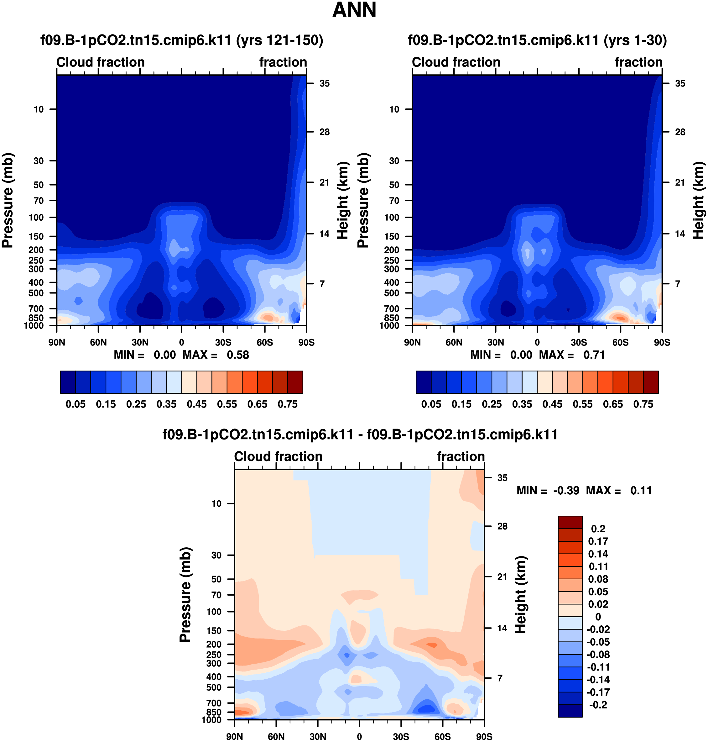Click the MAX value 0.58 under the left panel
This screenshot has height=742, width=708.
pos(238,355)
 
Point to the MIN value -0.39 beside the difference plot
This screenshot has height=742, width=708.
pos(566,491)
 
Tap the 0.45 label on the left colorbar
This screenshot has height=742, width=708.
pos(197,404)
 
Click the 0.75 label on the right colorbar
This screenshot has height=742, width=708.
pos(643,404)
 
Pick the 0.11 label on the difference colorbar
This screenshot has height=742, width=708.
pos(598,566)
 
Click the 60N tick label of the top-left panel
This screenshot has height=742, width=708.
pos(98,343)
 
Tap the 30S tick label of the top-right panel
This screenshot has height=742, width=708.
pos(579,343)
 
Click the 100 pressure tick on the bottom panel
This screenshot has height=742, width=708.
pos(214,612)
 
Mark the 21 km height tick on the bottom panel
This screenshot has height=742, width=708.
pos(502,576)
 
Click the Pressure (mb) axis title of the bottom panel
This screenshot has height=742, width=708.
pos(185,594)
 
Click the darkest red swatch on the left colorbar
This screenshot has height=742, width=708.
pos(295,382)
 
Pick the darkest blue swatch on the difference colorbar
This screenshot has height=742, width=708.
pos(570,711)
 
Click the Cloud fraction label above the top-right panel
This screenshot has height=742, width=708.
pos(456,62)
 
